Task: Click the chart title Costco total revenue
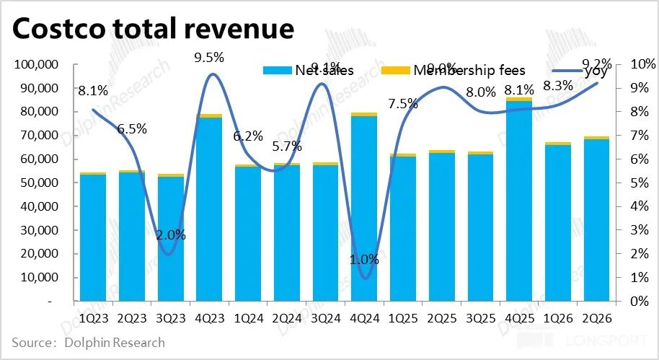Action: [x=154, y=29]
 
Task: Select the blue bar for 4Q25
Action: [x=519, y=202]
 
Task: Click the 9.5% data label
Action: [x=209, y=57]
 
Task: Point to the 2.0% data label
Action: [x=171, y=234]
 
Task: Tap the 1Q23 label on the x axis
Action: [x=94, y=318]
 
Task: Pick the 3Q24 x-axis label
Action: [x=326, y=318]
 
